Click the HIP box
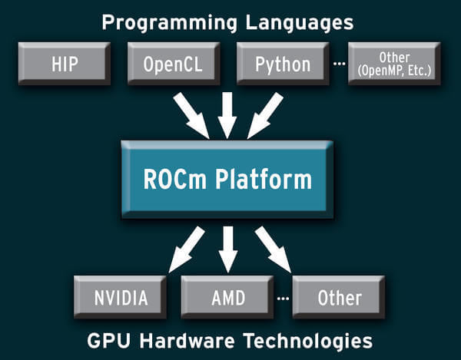pyautogui.click(x=65, y=64)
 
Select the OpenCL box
pyautogui.click(x=172, y=64)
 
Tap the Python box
pyautogui.click(x=283, y=64)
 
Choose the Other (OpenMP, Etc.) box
pyautogui.click(x=394, y=64)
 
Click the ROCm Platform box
pyautogui.click(x=227, y=180)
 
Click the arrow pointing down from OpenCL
pyautogui.click(x=227, y=113)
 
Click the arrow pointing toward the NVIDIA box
pyautogui.click(x=187, y=247)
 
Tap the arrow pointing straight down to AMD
pyautogui.click(x=227, y=247)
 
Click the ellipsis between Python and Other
pyautogui.click(x=338, y=64)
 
